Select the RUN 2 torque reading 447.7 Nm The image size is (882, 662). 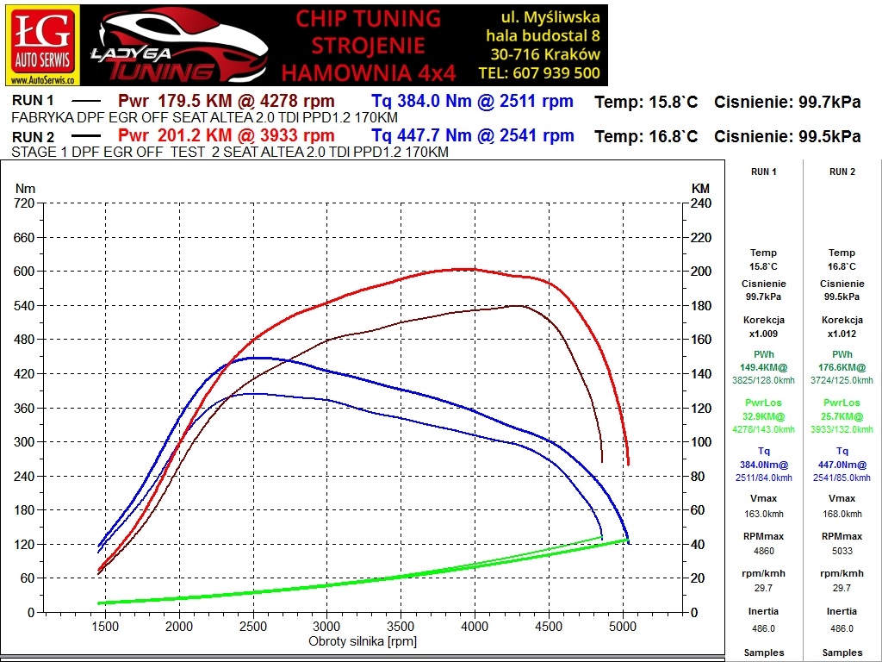pyautogui.click(x=420, y=135)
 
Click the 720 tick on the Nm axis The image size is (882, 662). pyautogui.click(x=24, y=203)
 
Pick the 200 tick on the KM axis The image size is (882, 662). pyautogui.click(x=700, y=272)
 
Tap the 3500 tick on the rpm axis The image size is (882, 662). pyautogui.click(x=401, y=626)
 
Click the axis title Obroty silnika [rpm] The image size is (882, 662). pyautogui.click(x=363, y=641)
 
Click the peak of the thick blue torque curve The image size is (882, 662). pyautogui.click(x=256, y=358)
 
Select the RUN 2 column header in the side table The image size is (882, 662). pyautogui.click(x=842, y=172)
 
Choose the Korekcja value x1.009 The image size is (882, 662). pyautogui.click(x=763, y=334)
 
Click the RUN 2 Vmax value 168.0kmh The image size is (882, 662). pyautogui.click(x=842, y=513)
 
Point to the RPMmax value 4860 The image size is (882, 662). pyautogui.click(x=763, y=551)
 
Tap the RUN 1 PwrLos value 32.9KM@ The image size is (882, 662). pyautogui.click(x=763, y=416)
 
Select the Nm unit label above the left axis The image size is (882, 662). pyautogui.click(x=25, y=188)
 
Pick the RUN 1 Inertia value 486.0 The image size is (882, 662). pyautogui.click(x=763, y=628)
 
